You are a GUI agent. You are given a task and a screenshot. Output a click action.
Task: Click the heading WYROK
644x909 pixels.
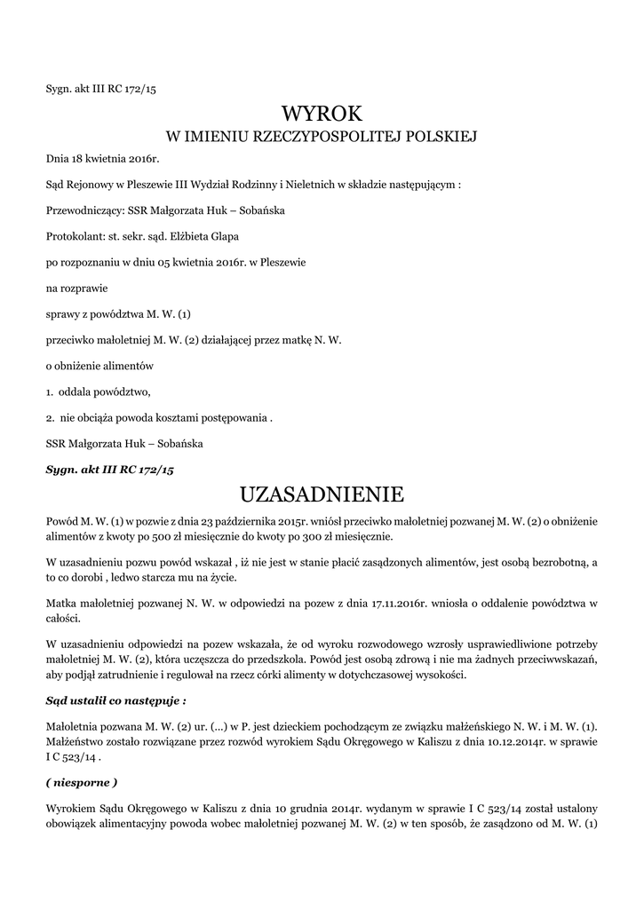tap(322, 113)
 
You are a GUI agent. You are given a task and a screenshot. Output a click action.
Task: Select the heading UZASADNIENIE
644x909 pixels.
tap(322, 494)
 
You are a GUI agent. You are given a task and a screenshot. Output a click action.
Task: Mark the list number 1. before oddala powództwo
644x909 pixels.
tap(50, 392)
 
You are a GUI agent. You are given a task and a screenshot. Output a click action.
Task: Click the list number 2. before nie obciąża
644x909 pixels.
tap(50, 418)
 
